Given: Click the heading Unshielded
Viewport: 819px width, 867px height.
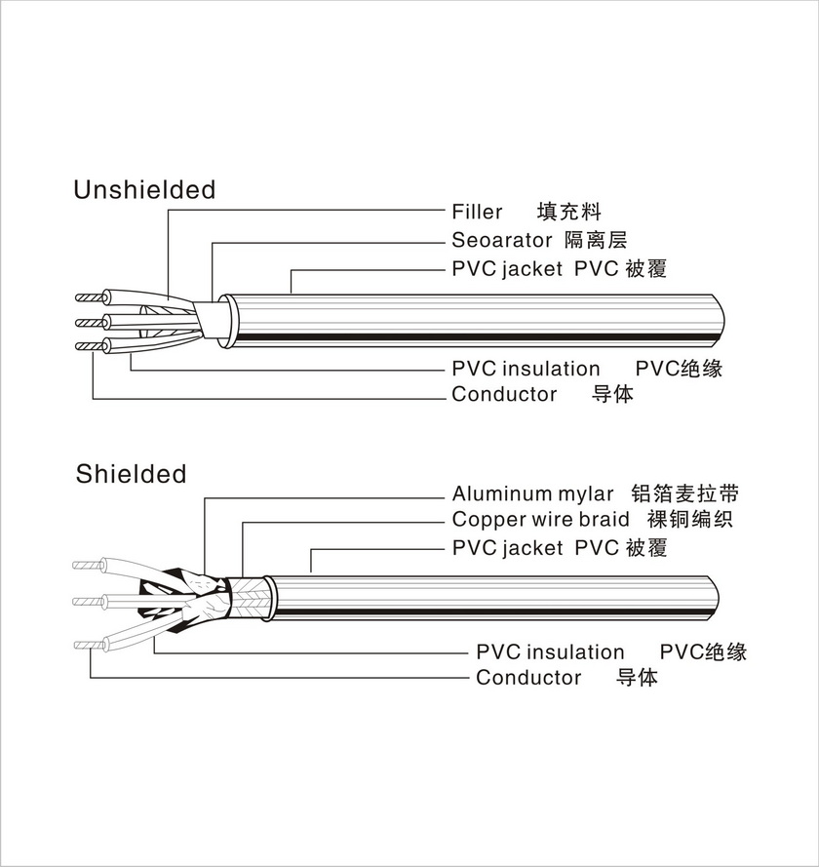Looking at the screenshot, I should click(x=144, y=190).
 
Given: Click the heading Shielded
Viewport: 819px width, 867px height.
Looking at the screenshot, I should click(x=131, y=475).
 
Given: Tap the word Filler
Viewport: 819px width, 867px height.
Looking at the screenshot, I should click(x=477, y=212).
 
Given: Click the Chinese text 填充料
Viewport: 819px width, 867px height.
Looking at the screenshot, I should click(x=569, y=212).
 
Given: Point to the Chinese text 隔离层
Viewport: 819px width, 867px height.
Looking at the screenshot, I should click(x=596, y=240).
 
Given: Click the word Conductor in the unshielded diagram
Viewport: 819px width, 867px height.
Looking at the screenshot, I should click(x=504, y=395).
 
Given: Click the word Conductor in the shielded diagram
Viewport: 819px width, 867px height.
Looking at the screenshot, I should click(x=528, y=678).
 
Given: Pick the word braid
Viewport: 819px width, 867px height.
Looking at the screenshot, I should click(x=605, y=520).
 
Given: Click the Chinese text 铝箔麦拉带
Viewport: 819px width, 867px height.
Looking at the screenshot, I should click(x=684, y=493).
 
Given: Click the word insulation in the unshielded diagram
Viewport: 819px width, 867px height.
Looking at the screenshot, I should click(x=551, y=369).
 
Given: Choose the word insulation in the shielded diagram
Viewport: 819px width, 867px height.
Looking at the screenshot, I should click(x=575, y=651).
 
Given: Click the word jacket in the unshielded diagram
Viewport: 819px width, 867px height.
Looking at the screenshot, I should click(x=533, y=269).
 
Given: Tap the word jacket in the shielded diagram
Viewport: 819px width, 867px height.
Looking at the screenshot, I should click(x=533, y=548).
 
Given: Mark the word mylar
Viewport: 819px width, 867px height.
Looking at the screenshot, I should click(x=585, y=494).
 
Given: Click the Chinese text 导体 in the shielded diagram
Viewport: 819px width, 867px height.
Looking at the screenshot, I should click(x=638, y=678).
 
